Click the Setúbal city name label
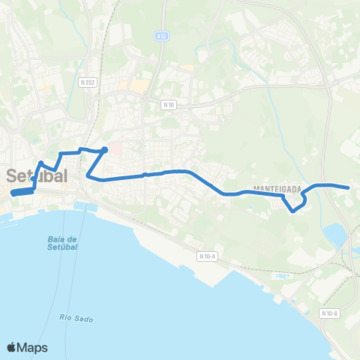pyautogui.click(x=37, y=176)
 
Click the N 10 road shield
pyautogui.click(x=168, y=105)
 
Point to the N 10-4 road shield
pyautogui.click(x=207, y=256)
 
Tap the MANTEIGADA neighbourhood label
pyautogui.click(x=271, y=189)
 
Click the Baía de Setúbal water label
pyautogui.click(x=62, y=244)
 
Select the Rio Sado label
pyautogui.click(x=76, y=318)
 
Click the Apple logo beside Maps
pyautogui.click(x=12, y=347)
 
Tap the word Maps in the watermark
pyautogui.click(x=33, y=347)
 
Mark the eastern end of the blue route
pyautogui.click(x=349, y=187)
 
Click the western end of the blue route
pyautogui.click(x=13, y=193)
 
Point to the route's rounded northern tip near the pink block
pyautogui.click(x=105, y=150)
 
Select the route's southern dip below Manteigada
pyautogui.click(x=293, y=210)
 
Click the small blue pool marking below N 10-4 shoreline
pyautogui.click(x=282, y=275)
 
